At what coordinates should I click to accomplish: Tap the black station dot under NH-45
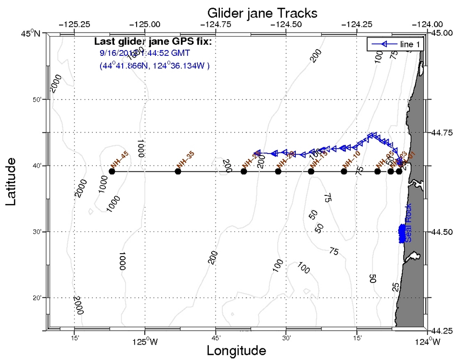coord(112,171)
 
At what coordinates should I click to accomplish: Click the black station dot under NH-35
coord(178,171)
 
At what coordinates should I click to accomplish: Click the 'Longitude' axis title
coord(236,350)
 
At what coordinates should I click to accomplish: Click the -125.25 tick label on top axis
coord(75,24)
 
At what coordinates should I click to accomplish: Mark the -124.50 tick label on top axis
coord(286,24)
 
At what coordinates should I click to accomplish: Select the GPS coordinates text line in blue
coord(154,65)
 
